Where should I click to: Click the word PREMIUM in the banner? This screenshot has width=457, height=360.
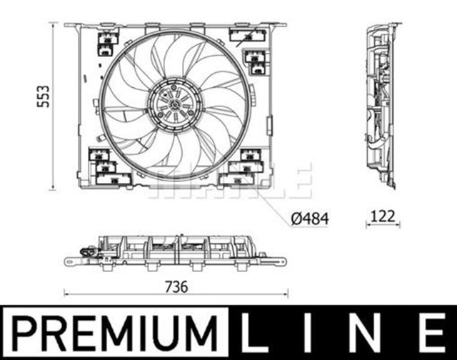pyautogui.click(x=114, y=334)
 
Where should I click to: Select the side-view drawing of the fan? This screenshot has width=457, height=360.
pyautogui.click(x=380, y=106)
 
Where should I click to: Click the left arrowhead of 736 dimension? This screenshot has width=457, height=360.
pyautogui.click(x=66, y=293)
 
